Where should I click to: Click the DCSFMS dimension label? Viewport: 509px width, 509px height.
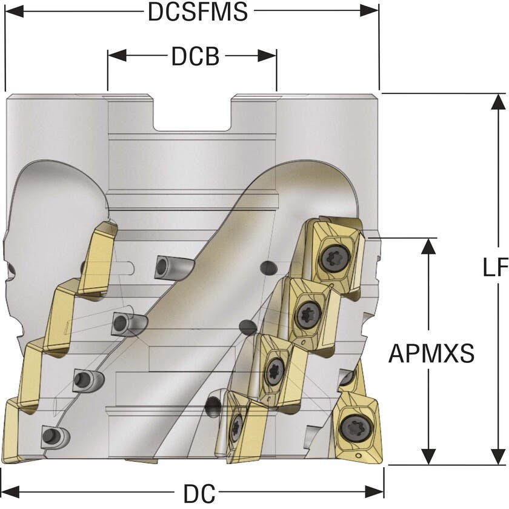pos(198,12)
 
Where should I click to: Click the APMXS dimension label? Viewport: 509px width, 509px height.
pos(431,353)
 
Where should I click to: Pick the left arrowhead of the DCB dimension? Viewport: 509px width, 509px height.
pos(115,56)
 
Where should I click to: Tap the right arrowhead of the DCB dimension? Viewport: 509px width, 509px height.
pos(270,56)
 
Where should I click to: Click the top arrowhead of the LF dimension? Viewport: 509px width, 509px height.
pos(497,102)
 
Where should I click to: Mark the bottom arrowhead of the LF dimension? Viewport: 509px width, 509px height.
pos(497,457)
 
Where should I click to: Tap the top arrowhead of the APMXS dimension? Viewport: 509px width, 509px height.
pos(429,245)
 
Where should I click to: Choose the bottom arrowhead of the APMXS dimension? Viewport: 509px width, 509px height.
pos(429,457)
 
